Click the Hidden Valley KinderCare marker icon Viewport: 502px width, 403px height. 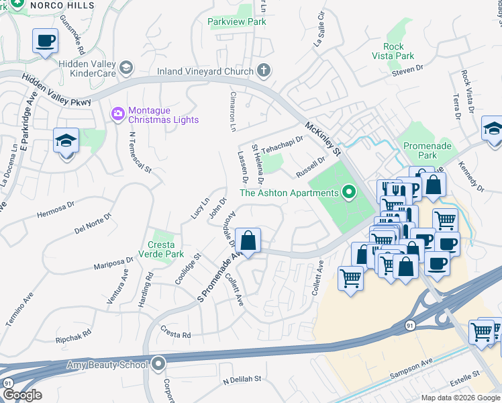pyautogui.click(x=126, y=67)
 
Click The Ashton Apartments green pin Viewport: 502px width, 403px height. pyautogui.click(x=348, y=193)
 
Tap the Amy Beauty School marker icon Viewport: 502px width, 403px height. pyautogui.click(x=158, y=365)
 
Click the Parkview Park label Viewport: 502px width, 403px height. pyautogui.click(x=236, y=21)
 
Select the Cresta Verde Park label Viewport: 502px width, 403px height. pyautogui.click(x=161, y=250)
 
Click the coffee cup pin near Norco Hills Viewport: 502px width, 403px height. pyautogui.click(x=45, y=42)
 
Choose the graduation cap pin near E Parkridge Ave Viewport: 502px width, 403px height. pyautogui.click(x=66, y=142)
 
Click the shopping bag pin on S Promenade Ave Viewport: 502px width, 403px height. pyautogui.click(x=248, y=240)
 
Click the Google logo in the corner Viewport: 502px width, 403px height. pyautogui.click(x=21, y=394)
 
